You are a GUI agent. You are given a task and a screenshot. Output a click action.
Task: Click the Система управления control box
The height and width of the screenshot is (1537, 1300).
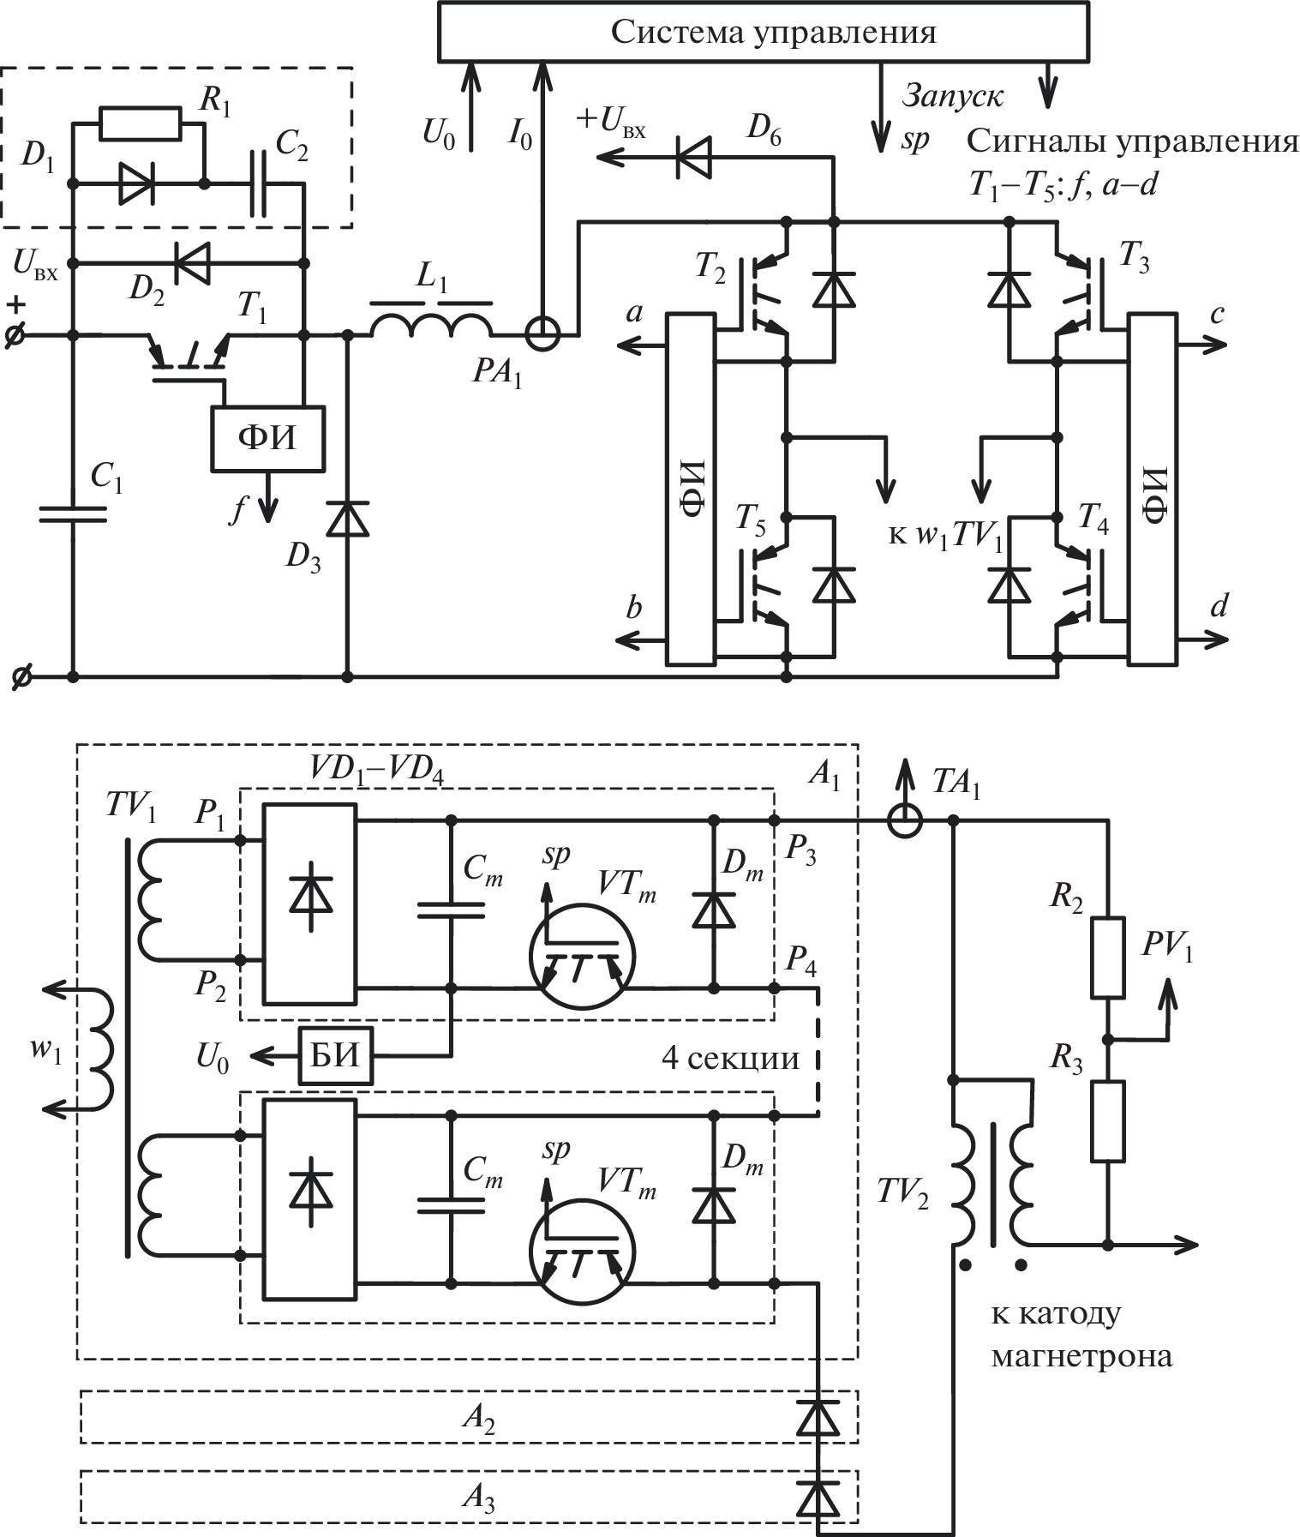[x=764, y=32]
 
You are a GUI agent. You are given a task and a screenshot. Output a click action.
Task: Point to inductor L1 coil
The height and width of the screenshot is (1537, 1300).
[x=431, y=324]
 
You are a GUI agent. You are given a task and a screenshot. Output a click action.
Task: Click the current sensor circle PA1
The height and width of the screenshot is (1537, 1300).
[x=542, y=334]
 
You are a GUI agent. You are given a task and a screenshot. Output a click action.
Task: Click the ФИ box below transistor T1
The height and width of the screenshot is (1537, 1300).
[x=267, y=438]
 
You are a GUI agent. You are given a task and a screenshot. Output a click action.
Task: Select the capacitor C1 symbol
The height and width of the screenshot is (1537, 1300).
[x=73, y=513]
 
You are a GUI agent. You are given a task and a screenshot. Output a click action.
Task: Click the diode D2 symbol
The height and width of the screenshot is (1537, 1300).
[x=190, y=262]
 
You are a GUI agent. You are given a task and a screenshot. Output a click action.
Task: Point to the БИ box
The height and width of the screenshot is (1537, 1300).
[x=335, y=1056]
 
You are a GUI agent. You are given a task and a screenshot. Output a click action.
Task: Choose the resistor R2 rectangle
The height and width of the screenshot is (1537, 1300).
[x=1107, y=958]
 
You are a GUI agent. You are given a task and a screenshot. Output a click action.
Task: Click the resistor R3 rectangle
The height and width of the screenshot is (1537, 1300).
[x=1107, y=1121]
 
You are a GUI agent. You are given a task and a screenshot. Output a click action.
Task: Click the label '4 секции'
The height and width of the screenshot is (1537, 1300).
[x=730, y=1059]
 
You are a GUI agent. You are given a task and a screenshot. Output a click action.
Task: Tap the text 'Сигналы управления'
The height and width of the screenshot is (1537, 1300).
[x=1132, y=141]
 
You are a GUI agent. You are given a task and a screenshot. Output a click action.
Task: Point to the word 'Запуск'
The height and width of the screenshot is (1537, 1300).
[x=952, y=96]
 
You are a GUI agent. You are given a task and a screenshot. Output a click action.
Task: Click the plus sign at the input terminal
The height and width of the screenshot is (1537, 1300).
[x=17, y=306]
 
